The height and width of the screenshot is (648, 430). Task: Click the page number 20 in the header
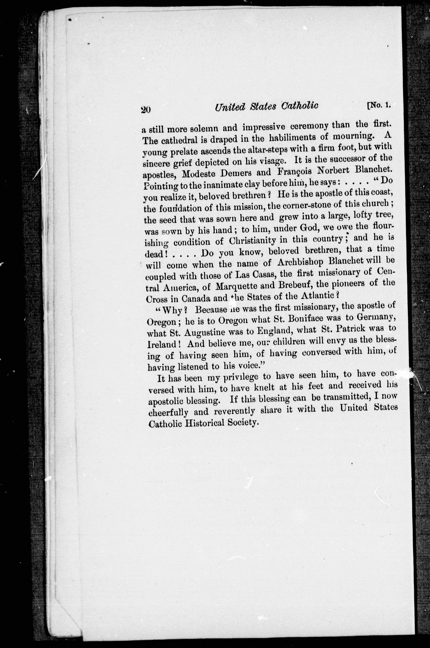145,110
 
